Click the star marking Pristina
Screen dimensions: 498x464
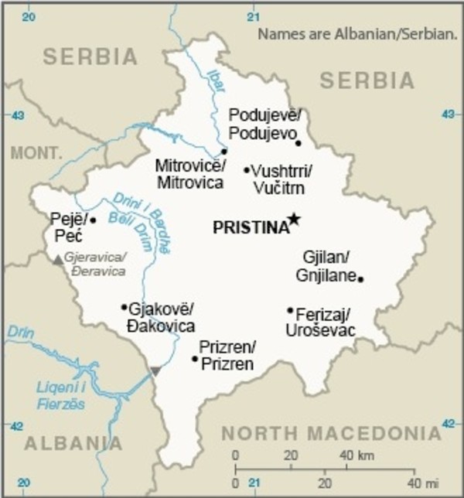pyautogui.click(x=293, y=220)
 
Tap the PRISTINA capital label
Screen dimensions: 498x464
pyautogui.click(x=250, y=227)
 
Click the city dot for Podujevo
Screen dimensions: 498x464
pyautogui.click(x=299, y=142)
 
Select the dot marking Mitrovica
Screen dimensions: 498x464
pyautogui.click(x=224, y=152)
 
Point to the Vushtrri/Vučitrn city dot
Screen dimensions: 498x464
pyautogui.click(x=247, y=170)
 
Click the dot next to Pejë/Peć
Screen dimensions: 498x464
pyautogui.click(x=93, y=220)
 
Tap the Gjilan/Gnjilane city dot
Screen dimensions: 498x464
pyautogui.click(x=361, y=278)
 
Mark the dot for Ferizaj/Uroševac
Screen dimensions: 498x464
pyautogui.click(x=290, y=311)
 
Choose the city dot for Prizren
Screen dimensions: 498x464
pyautogui.click(x=195, y=358)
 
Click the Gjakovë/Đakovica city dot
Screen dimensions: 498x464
pyautogui.click(x=124, y=307)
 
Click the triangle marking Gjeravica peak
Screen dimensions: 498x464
pyautogui.click(x=57, y=261)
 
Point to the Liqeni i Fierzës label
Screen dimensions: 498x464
pyautogui.click(x=62, y=396)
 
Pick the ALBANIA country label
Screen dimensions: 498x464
pyautogui.click(x=73, y=444)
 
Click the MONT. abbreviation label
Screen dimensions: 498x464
pyautogui.click(x=36, y=152)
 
